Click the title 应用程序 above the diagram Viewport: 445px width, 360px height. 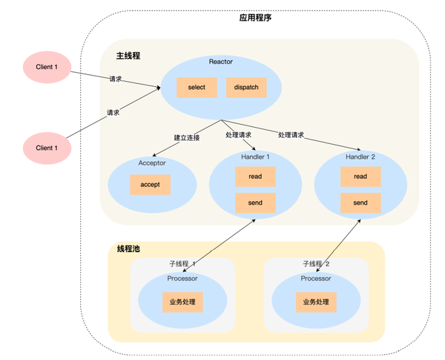(x=256, y=17)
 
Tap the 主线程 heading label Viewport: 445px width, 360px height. (x=128, y=56)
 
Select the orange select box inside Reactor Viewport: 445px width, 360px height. (x=197, y=88)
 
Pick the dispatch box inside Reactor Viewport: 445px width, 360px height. (x=245, y=88)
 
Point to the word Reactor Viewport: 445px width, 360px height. (x=221, y=62)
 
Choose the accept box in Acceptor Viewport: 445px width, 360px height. (x=151, y=183)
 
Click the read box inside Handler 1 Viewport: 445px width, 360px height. (x=254, y=177)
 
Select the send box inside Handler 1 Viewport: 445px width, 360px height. (x=254, y=203)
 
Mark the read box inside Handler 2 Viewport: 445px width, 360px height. (x=360, y=177)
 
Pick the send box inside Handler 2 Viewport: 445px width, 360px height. (x=360, y=203)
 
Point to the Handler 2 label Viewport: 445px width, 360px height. (x=360, y=157)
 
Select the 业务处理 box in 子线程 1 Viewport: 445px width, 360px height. (x=183, y=303)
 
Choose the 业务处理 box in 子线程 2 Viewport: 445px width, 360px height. (x=316, y=303)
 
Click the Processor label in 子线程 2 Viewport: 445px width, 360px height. (x=316, y=278)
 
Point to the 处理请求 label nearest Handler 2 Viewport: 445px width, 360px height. (x=291, y=135)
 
